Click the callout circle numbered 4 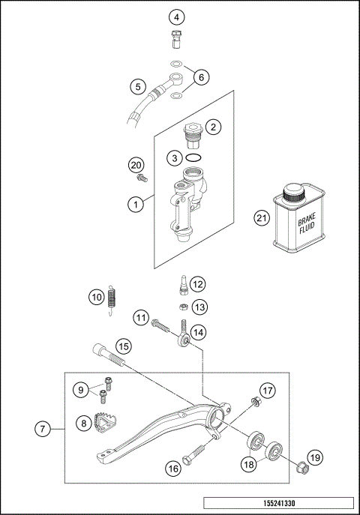click(x=176, y=16)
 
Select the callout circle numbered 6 click(x=200, y=76)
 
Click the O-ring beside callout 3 click(x=194, y=158)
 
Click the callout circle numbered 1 click(x=135, y=203)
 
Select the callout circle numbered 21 click(x=260, y=219)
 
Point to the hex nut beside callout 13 click(x=182, y=306)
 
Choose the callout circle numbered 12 click(x=196, y=284)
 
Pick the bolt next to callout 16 click(x=196, y=456)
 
